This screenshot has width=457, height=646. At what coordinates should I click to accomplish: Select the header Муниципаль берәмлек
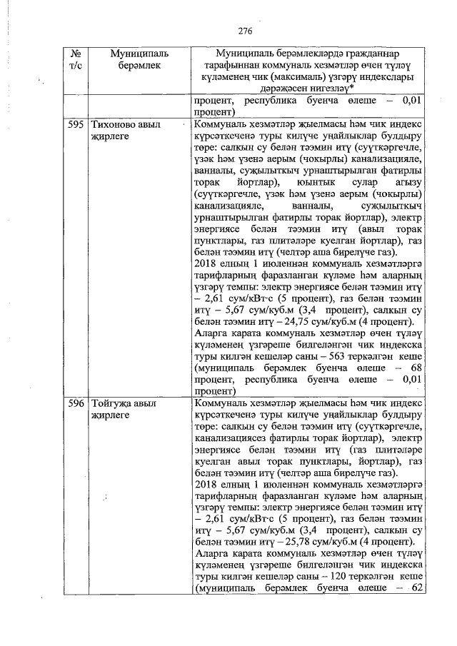point(136,60)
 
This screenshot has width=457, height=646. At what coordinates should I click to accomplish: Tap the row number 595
point(76,124)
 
